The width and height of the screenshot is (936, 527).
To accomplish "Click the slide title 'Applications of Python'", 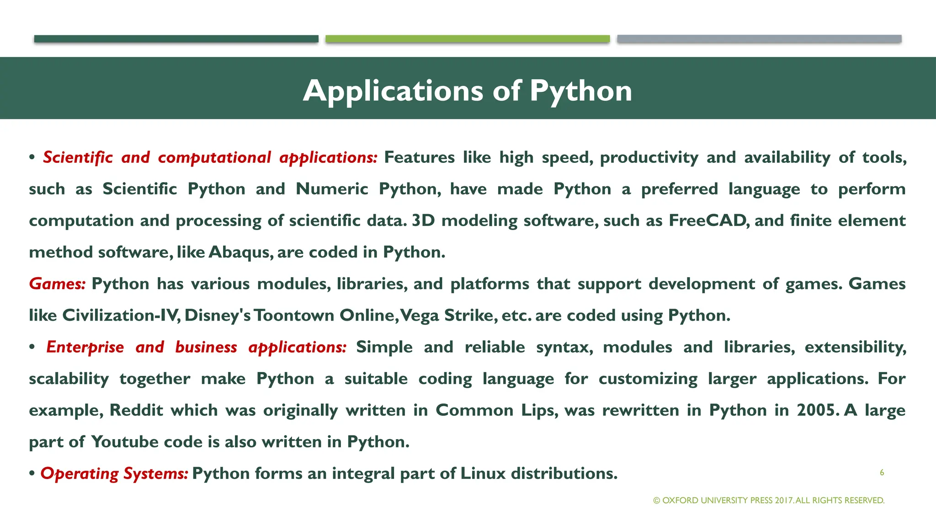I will coord(467,91).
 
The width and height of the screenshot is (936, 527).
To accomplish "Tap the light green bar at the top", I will coord(467,39).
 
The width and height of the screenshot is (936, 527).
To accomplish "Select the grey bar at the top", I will coord(759,39).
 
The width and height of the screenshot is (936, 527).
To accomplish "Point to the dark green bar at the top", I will coord(176,39).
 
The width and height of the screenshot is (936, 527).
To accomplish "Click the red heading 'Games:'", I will coord(57,284).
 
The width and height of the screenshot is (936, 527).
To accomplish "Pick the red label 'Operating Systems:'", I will coord(114,473).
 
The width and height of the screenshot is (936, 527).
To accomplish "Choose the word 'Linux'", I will coord(483,473).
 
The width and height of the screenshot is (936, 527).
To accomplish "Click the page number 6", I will coord(882,473).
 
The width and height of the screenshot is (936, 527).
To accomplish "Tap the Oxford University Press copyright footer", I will coord(769,500).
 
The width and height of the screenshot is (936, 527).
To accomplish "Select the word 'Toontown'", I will coord(294,316).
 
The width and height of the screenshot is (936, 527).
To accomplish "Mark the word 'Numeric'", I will coord(332,189).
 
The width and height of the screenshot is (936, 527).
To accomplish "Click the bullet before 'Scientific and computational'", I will coord(32,158).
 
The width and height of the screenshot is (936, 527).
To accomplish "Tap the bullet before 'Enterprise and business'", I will coord(32,348).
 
